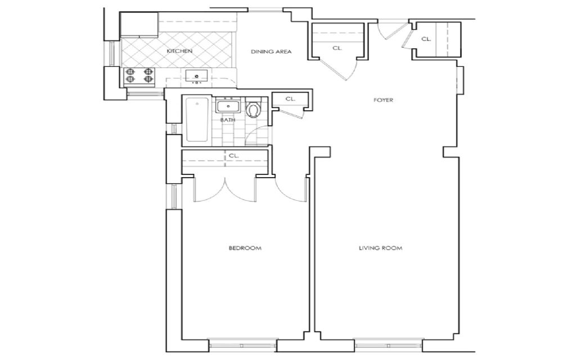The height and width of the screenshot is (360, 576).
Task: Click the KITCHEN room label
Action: tap(179, 51)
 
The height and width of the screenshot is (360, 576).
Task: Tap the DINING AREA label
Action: tap(271, 52)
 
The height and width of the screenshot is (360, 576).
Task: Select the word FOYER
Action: tap(383, 100)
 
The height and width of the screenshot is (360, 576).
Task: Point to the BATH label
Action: tap(228, 120)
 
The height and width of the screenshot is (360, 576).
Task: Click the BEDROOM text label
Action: tap(245, 248)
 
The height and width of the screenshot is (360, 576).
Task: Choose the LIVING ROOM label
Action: tap(381, 248)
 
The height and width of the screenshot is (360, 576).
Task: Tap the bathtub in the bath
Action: tap(197, 120)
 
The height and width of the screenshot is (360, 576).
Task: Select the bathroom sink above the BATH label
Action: tap(228, 105)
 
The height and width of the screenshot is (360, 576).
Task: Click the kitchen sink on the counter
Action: tap(196, 76)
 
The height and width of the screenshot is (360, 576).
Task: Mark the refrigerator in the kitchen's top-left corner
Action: tap(139, 25)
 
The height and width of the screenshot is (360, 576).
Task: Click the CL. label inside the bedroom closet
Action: tap(233, 155)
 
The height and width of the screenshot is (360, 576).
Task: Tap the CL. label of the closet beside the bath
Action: tap(290, 99)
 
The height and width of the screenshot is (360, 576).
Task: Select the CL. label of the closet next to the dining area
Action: tap(337, 48)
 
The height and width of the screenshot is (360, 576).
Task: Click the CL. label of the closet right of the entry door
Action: tap(426, 39)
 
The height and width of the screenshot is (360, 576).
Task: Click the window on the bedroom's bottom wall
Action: tap(243, 343)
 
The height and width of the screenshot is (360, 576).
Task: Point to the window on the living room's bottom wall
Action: tap(388, 343)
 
